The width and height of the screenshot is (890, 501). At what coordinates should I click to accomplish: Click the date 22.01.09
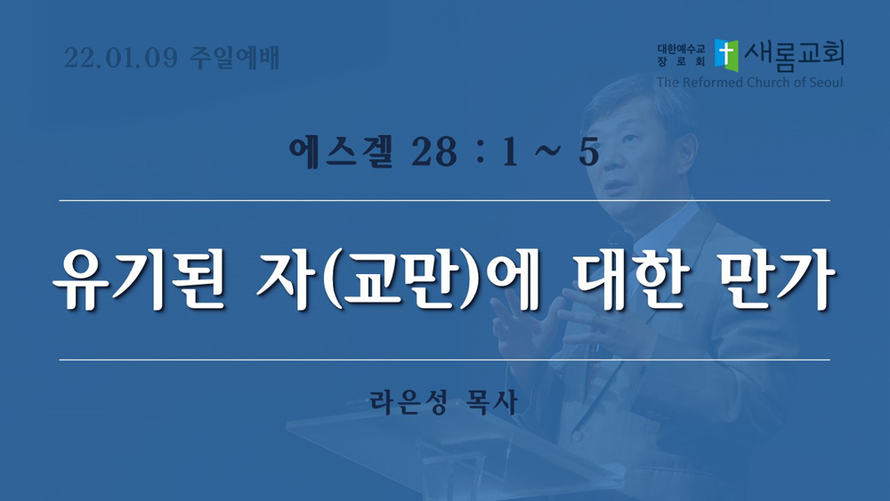point(121,59)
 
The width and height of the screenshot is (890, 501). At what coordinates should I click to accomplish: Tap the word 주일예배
point(234,59)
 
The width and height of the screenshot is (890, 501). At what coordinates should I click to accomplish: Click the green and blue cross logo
point(726,55)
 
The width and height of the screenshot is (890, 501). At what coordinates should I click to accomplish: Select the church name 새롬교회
point(794,55)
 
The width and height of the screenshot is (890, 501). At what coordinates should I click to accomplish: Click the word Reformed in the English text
point(712,82)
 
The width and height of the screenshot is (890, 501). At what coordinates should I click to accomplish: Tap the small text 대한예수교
point(681,49)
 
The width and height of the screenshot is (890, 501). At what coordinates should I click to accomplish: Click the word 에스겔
point(340,152)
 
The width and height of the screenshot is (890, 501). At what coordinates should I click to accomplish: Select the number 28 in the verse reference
point(434,153)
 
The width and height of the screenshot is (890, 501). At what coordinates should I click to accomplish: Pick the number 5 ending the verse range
point(588,153)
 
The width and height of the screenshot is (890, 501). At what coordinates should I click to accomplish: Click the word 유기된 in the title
point(139,279)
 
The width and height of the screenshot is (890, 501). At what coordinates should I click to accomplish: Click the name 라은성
point(409,401)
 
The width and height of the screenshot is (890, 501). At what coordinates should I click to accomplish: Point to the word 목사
point(491,401)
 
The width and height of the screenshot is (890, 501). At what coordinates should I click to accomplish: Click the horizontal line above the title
point(444,200)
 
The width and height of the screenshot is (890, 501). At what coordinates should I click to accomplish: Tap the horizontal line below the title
point(444,360)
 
